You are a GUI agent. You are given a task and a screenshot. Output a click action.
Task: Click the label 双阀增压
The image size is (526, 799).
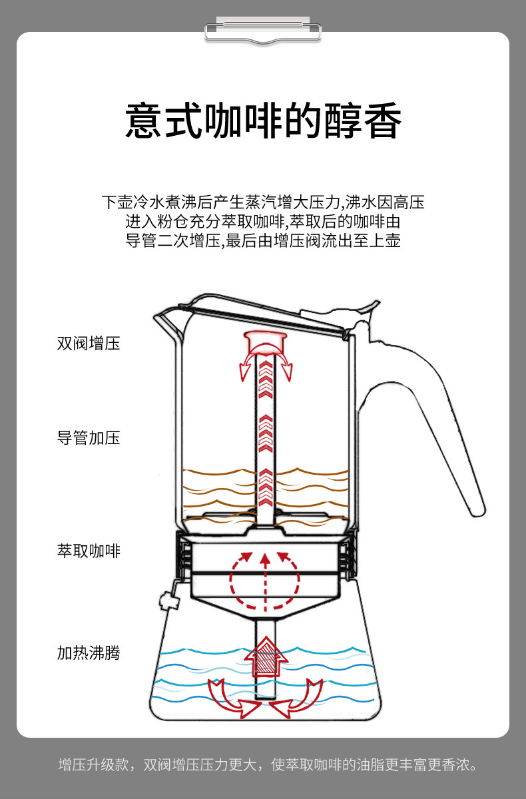(88, 344)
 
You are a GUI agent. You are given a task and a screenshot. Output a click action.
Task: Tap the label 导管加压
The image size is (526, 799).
(88, 438)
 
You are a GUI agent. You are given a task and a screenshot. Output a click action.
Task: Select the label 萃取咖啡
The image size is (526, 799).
(88, 551)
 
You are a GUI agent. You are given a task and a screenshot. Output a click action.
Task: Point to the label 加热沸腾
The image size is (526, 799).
(88, 653)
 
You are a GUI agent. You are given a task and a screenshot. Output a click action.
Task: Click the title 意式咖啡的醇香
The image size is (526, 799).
(263, 120)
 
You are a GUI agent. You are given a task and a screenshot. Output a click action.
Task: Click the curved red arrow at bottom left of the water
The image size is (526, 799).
(233, 699)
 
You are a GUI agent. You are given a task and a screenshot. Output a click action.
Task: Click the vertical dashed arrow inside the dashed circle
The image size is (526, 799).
(266, 579)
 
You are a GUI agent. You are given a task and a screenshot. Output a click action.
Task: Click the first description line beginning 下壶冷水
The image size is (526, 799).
(263, 202)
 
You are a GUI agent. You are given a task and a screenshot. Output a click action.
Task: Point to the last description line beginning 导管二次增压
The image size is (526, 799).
(263, 240)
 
